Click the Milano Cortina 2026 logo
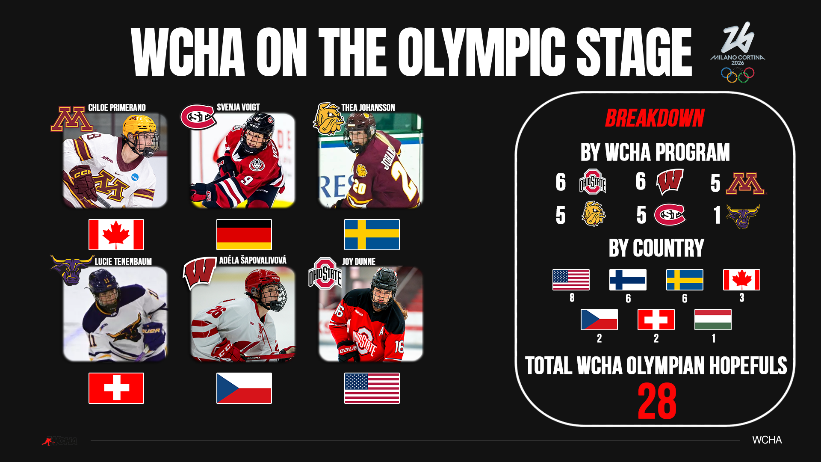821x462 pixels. click(738, 52)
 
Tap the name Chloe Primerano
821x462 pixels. click(117, 108)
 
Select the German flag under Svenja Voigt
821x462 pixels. click(244, 234)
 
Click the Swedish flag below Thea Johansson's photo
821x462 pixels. click(372, 234)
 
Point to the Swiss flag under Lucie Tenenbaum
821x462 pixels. click(116, 388)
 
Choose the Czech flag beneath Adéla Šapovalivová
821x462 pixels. click(244, 388)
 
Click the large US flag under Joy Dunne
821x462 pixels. click(372, 388)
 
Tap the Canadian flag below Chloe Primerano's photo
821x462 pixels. click(116, 234)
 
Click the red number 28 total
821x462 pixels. click(657, 401)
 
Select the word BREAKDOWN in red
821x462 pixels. click(655, 118)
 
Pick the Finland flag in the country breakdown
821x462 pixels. click(628, 280)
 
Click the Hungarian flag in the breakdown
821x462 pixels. click(713, 320)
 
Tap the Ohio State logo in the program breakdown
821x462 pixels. click(593, 182)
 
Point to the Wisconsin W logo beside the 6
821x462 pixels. click(670, 181)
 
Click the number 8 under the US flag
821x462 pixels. click(572, 297)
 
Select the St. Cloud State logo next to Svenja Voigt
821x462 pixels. click(198, 117)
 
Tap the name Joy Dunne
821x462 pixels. click(359, 261)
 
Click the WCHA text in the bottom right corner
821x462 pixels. click(767, 440)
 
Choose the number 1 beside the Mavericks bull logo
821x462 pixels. click(717, 215)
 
